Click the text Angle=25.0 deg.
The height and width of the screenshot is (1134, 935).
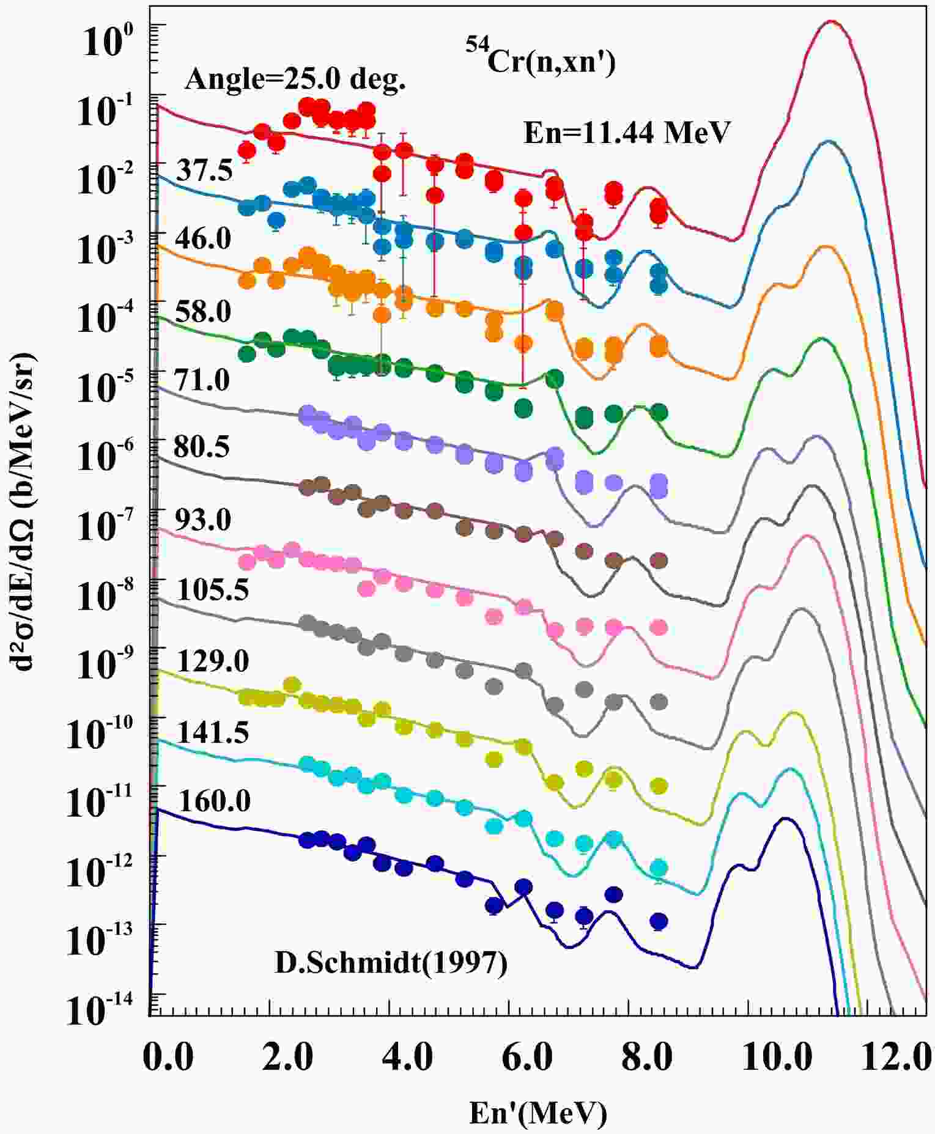coord(295,79)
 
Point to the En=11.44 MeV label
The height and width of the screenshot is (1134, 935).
coord(627,132)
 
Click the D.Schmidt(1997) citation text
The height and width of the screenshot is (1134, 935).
coord(391,964)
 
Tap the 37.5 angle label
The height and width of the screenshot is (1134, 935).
coord(204,171)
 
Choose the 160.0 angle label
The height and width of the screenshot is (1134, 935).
coord(214,801)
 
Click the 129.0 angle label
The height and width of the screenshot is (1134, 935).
coord(212,661)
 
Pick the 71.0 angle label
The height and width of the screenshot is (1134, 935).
coord(202,380)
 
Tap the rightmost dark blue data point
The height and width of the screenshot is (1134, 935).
coord(658,921)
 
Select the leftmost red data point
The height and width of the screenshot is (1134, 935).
coord(246,150)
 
